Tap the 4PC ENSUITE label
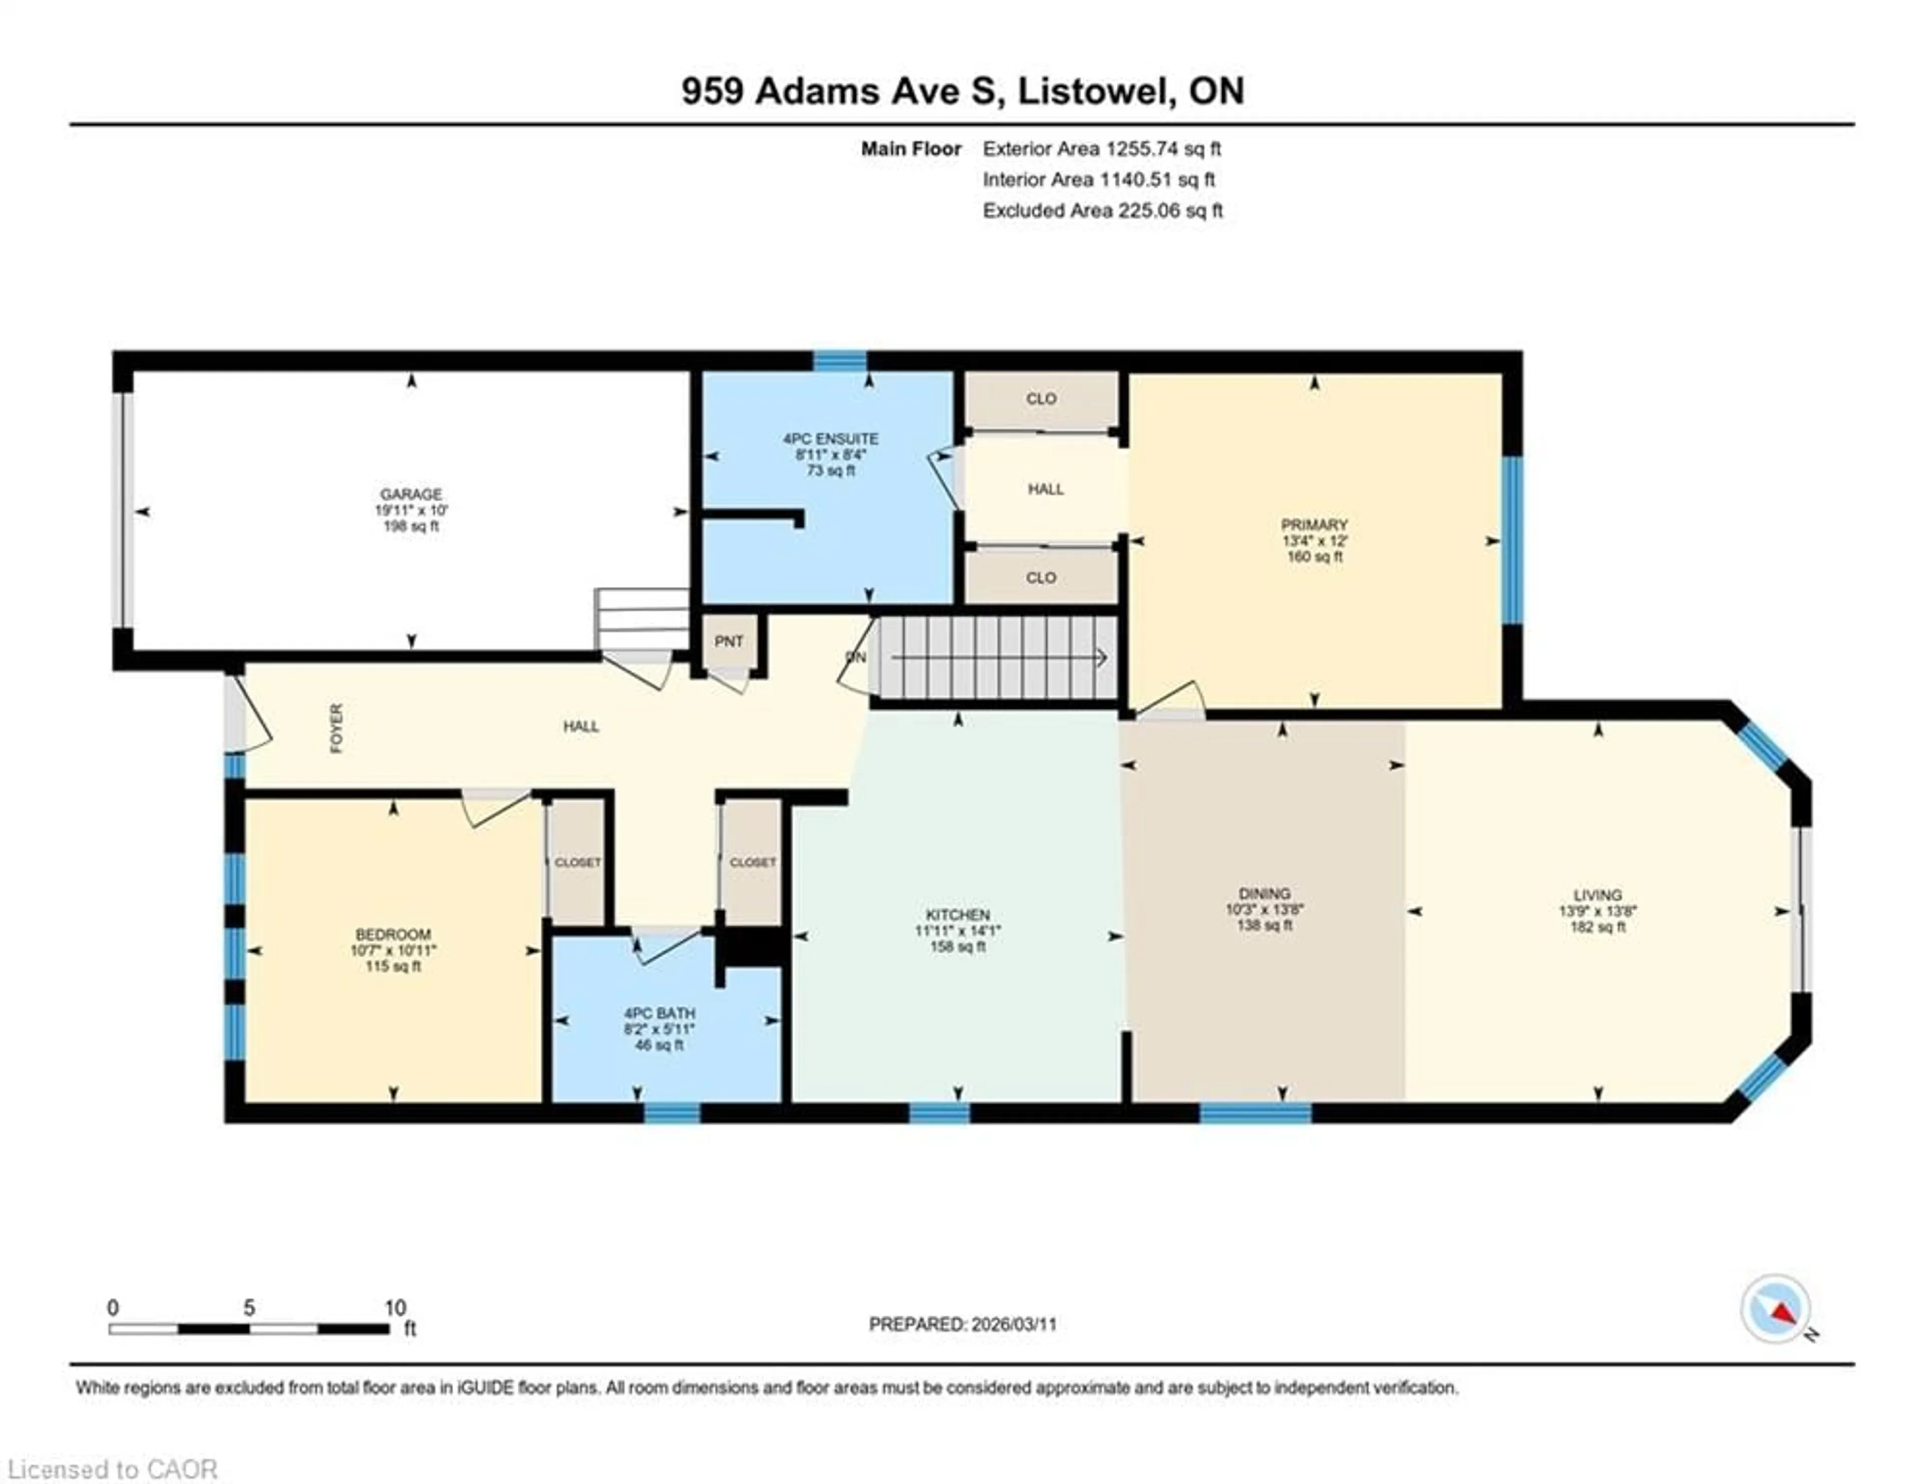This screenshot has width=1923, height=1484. coord(830,438)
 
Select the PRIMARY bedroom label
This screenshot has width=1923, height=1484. coord(1314,525)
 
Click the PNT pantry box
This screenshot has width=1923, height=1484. coord(729,642)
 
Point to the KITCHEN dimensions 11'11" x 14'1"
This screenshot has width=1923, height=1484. coord(957,930)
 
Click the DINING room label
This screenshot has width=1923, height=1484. coord(1264,893)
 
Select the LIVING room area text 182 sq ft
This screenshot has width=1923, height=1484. coord(1597,927)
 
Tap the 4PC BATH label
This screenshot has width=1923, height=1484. coord(659,1013)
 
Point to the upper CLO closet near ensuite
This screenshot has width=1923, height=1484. coord(1041,399)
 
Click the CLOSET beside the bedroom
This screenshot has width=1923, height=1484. coord(577,863)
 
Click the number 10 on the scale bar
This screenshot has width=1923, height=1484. coord(395,1308)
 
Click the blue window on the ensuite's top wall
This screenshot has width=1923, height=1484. coord(839,360)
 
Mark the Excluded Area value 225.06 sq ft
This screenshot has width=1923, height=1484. coord(1169,210)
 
